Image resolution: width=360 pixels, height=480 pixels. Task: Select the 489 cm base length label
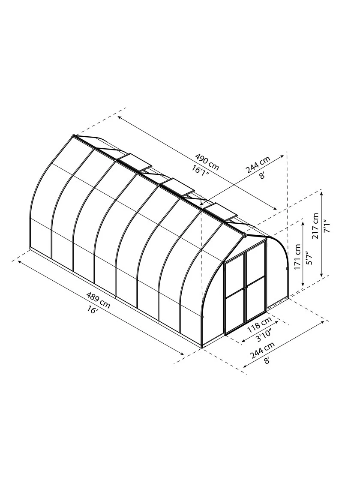click(x=98, y=300)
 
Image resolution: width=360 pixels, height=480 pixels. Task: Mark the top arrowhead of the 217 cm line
click(x=322, y=192)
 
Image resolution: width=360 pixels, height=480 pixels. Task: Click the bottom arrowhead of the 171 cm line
click(x=303, y=285)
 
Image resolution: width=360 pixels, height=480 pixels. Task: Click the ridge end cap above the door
click(x=245, y=235)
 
